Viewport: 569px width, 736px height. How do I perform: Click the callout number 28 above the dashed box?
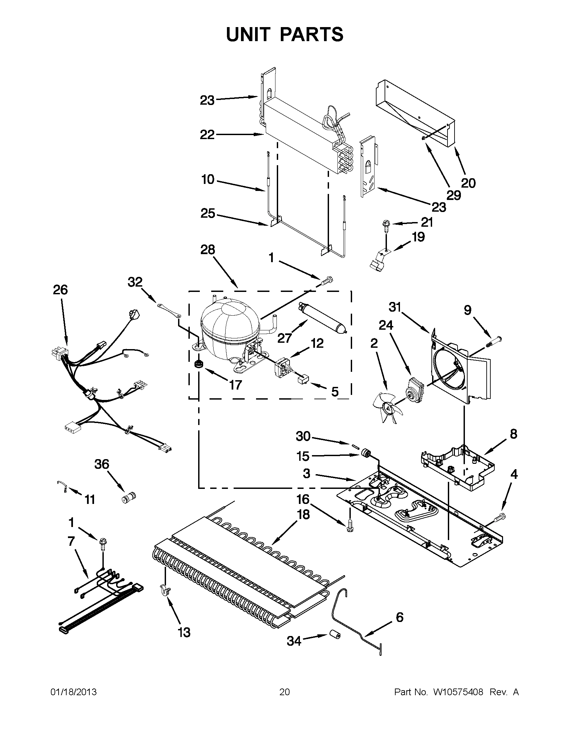pyautogui.click(x=207, y=250)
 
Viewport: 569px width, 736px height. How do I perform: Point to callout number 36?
pyautogui.click(x=102, y=464)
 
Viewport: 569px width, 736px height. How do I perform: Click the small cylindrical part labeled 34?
pyautogui.click(x=335, y=635)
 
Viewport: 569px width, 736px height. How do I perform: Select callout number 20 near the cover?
pyautogui.click(x=468, y=183)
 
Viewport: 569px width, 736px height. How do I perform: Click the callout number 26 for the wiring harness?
pyautogui.click(x=60, y=290)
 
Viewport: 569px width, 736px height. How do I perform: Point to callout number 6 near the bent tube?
pyautogui.click(x=399, y=617)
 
